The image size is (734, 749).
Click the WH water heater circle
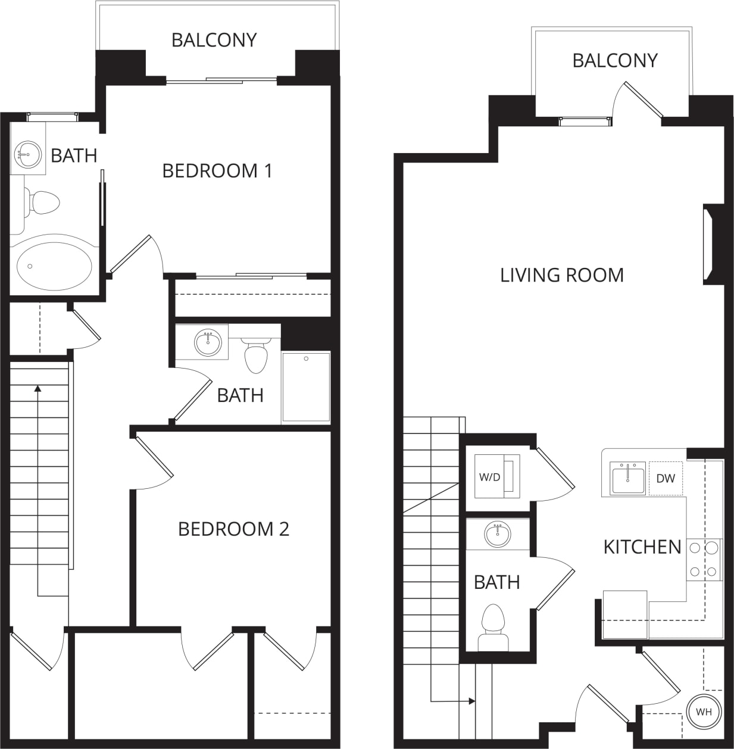tap(704, 711)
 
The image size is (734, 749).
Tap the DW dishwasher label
tap(665, 478)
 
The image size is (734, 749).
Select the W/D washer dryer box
tap(496, 476)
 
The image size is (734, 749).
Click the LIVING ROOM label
tap(561, 275)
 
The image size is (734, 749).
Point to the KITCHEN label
tap(642, 547)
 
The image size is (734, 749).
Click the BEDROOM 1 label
tap(217, 171)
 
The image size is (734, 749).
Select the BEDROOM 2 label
tap(233, 529)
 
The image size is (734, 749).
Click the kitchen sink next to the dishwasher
tap(627, 478)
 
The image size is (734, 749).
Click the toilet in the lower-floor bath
tap(493, 628)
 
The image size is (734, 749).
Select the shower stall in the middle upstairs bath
tap(306, 387)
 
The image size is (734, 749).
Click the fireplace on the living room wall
tap(712, 245)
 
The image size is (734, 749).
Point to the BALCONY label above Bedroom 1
tap(214, 40)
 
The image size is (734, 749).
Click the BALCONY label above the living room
tap(614, 60)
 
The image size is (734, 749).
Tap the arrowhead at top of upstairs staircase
tap(38, 389)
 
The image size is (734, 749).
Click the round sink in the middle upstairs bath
tap(208, 342)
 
